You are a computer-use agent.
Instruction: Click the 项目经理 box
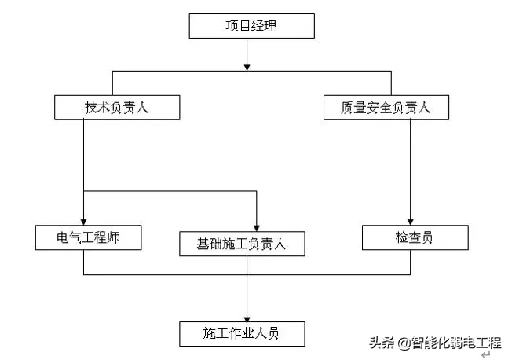point(251,27)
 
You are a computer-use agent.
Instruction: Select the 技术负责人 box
point(116,108)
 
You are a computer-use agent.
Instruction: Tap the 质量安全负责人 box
point(386,108)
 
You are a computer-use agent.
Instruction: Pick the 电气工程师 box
point(88,237)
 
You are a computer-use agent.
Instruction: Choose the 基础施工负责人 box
point(241,244)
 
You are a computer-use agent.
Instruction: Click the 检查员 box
point(415,237)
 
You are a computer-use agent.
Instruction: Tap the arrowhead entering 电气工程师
point(83,221)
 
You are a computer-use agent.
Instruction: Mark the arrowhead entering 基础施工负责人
point(257,227)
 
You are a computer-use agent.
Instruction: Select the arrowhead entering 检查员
point(411,221)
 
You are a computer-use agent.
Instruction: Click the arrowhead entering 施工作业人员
point(247,317)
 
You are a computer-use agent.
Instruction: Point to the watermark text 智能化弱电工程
point(455,343)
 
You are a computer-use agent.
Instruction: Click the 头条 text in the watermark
point(382,343)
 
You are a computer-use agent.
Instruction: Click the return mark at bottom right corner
point(485,354)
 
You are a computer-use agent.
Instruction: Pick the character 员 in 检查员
point(427,237)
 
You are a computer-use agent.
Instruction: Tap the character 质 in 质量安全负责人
point(347,108)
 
